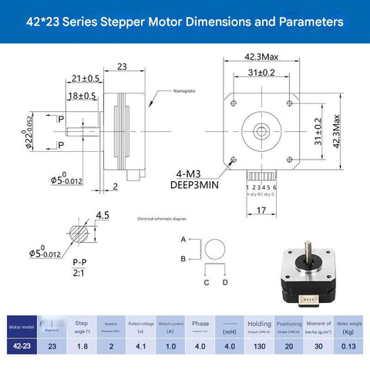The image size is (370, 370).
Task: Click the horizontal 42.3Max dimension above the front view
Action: pos(261,57)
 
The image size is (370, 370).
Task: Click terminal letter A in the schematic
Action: pos(183,240)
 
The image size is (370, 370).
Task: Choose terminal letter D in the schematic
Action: pos(224,282)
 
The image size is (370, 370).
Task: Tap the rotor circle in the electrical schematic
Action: pos(217,249)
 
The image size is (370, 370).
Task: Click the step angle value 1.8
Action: pos(82,347)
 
